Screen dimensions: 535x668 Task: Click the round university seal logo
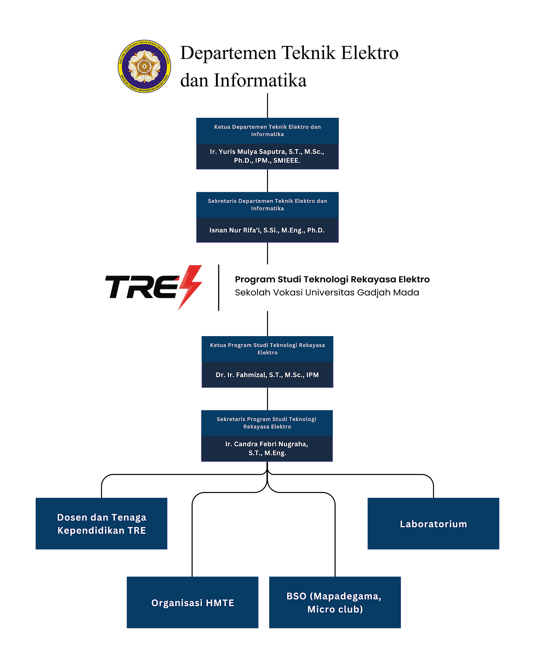click(x=144, y=66)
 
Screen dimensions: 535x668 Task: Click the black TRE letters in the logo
click(x=143, y=287)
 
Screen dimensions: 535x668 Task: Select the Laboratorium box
click(x=433, y=524)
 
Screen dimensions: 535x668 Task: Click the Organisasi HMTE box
click(x=192, y=602)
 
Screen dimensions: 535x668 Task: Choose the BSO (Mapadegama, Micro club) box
click(x=335, y=602)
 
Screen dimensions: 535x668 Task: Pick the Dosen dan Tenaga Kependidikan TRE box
click(x=101, y=524)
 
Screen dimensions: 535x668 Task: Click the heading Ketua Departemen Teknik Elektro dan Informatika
click(x=267, y=130)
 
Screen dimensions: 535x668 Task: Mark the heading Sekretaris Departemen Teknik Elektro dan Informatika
click(x=267, y=205)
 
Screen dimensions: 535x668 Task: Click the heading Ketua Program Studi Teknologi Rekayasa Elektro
click(x=267, y=349)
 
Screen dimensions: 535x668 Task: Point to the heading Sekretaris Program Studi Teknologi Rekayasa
click(x=267, y=423)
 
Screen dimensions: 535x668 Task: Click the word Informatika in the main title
click(x=260, y=81)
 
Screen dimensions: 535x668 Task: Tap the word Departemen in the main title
click(x=228, y=53)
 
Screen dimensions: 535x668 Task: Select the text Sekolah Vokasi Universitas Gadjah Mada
click(x=327, y=292)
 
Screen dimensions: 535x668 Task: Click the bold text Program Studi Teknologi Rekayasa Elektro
click(x=332, y=279)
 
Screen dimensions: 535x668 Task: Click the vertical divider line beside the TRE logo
click(x=219, y=287)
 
